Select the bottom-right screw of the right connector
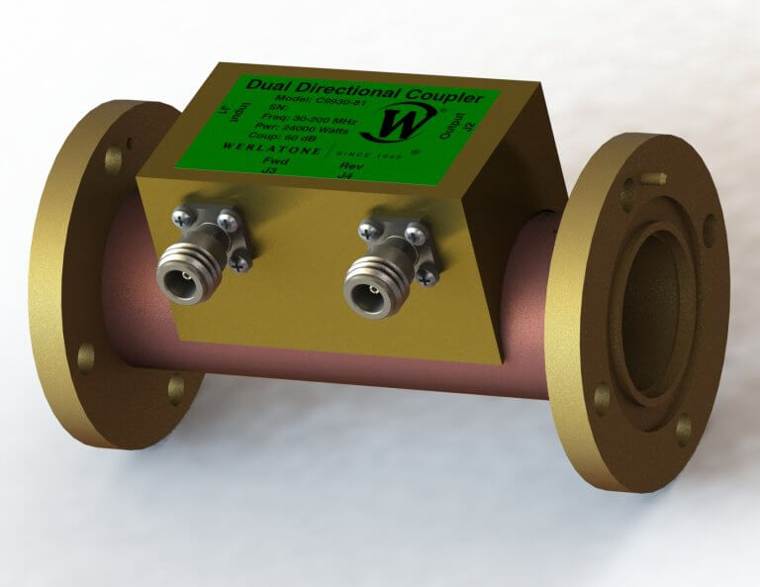427,278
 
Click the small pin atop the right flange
654,179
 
